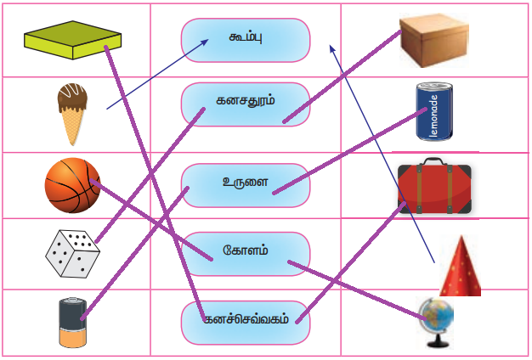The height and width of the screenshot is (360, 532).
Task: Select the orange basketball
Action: [x=72, y=185]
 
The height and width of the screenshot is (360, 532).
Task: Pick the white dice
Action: [x=72, y=251]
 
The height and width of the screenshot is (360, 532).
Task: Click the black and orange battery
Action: [x=73, y=322]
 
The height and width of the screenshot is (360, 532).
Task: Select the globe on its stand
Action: [x=436, y=321]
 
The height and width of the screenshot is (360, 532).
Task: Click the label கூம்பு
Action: [x=245, y=40]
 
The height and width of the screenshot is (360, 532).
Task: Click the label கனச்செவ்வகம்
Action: [x=245, y=322]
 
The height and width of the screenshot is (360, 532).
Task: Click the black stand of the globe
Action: [x=434, y=341]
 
